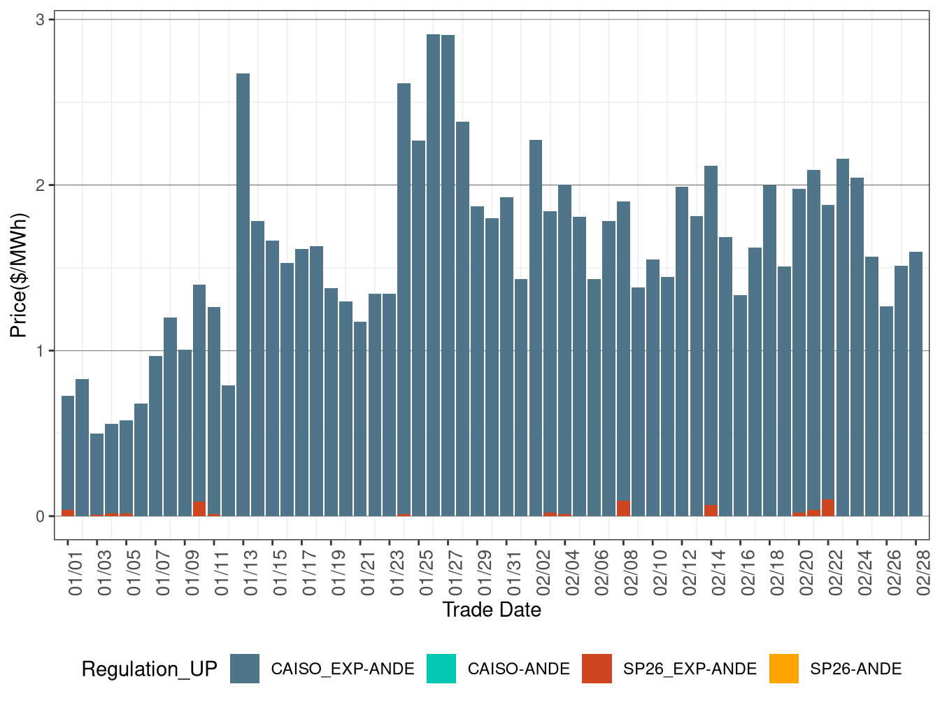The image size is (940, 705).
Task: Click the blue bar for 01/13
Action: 243,294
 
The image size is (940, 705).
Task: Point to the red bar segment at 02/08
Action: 623,508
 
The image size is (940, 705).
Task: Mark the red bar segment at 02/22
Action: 828,508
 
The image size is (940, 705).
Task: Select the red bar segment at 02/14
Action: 711,511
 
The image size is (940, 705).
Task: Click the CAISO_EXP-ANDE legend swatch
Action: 245,669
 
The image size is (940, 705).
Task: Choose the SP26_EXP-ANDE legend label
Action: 690,669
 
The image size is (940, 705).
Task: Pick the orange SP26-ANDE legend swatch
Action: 783,669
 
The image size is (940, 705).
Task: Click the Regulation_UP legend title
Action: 149,669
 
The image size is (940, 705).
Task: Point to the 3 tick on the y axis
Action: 40,20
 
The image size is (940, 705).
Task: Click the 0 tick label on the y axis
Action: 40,517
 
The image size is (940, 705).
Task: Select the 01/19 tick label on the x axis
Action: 339,573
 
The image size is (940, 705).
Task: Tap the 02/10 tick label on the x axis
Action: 660,573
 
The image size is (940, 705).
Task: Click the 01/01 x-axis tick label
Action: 76,573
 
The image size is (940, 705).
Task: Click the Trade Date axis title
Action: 492,610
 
